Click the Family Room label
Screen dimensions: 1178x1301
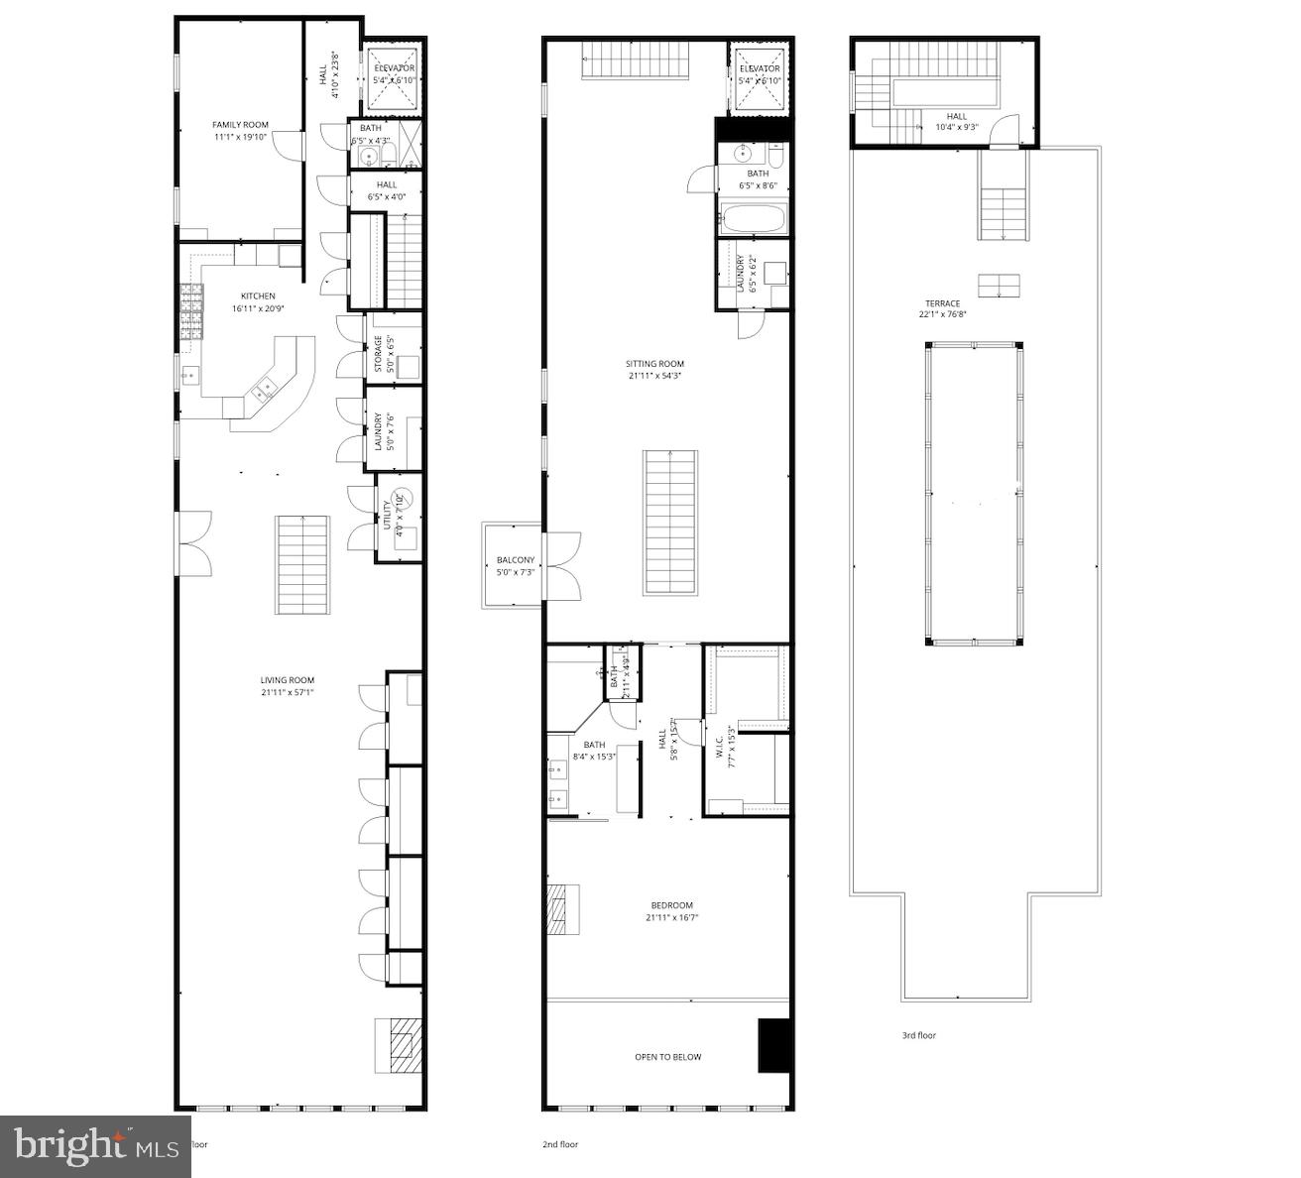(x=241, y=125)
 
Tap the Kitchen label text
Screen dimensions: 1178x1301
(x=258, y=295)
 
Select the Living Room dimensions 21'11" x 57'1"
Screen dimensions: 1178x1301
(x=287, y=692)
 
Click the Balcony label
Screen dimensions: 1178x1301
(x=516, y=560)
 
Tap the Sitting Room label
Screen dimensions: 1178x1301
(x=655, y=364)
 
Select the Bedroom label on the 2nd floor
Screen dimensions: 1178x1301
(x=671, y=905)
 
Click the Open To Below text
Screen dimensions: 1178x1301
(x=667, y=1057)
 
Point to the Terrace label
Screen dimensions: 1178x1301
(x=939, y=303)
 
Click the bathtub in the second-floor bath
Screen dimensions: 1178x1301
(x=753, y=219)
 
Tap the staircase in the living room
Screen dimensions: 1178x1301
(x=302, y=563)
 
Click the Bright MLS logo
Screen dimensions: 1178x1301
(x=95, y=1146)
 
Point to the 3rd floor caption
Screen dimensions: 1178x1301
(x=918, y=1035)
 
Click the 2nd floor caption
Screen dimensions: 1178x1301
(x=560, y=1144)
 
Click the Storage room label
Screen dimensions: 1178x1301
(x=379, y=355)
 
